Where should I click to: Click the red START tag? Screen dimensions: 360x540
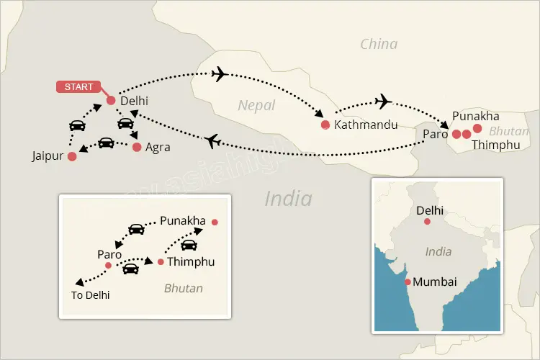point(78,87)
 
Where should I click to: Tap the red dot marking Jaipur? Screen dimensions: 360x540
point(71,156)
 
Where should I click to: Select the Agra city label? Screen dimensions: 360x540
point(158,148)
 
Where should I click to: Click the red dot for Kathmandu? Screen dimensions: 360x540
point(325,125)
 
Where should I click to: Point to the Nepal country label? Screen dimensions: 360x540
point(256,106)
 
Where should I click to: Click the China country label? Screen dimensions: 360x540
point(379,45)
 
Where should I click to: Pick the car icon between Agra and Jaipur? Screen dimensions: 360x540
point(106,142)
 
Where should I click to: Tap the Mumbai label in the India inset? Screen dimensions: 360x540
point(435,282)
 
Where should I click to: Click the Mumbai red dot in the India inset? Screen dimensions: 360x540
point(408,282)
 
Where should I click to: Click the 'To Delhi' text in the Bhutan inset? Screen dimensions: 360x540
point(91,294)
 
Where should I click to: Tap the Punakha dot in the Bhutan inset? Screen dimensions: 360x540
point(215,222)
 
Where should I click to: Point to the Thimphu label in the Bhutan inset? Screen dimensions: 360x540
point(191,262)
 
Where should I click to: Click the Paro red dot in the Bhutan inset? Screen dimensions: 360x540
point(108,266)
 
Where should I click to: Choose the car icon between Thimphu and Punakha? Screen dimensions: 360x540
point(189,245)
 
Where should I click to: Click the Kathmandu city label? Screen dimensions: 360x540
point(366,125)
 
